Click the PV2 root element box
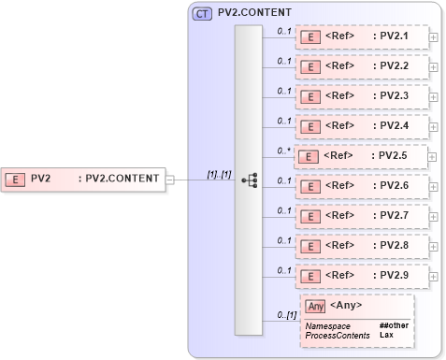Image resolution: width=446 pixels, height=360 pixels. pyautogui.click(x=84, y=178)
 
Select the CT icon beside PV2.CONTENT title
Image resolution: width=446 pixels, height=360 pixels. pyautogui.click(x=201, y=14)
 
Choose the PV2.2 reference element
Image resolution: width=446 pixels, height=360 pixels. pyautogui.click(x=361, y=67)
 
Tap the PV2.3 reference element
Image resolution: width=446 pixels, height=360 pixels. pyautogui.click(x=361, y=96)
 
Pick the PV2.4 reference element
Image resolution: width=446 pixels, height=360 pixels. pyautogui.click(x=361, y=126)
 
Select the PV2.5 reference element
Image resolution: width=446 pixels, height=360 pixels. pyautogui.click(x=361, y=156)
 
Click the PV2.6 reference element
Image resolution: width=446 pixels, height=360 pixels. pyautogui.click(x=361, y=186)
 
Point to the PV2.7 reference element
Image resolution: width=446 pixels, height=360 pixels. pyautogui.click(x=361, y=216)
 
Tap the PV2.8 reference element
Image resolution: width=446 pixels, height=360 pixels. pyautogui.click(x=361, y=246)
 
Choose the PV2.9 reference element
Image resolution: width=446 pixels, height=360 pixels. pyautogui.click(x=361, y=276)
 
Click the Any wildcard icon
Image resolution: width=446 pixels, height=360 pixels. pyautogui.click(x=314, y=306)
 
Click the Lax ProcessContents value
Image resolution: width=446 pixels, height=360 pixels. pyautogui.click(x=385, y=334)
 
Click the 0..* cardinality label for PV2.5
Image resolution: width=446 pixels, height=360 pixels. pyautogui.click(x=284, y=150)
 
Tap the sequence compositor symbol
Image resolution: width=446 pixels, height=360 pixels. pyautogui.click(x=249, y=180)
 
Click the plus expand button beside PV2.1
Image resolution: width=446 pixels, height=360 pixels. pyautogui.click(x=434, y=38)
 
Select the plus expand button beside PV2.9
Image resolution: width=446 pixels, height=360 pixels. pyautogui.click(x=434, y=277)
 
